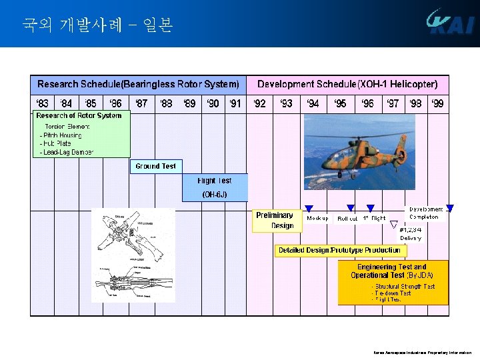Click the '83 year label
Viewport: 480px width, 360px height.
tap(41, 103)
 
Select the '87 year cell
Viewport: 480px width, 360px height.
tap(141, 103)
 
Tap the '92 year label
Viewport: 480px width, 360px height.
tap(259, 103)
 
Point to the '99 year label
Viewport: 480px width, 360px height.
tap(437, 103)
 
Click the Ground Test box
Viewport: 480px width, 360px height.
tap(156, 166)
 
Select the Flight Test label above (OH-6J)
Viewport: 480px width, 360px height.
tap(215, 181)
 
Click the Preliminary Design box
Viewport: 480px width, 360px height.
tap(275, 221)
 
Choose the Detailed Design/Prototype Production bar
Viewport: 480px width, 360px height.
tap(340, 250)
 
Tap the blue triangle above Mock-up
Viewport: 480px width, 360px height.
tap(309, 209)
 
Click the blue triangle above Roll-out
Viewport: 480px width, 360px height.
tap(350, 209)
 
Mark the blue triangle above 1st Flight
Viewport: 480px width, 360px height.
tap(371, 209)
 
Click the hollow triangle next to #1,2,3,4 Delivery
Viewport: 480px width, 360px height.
tap(394, 225)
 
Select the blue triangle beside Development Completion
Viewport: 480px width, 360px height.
tap(450, 208)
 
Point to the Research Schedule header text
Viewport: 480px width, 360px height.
tap(138, 85)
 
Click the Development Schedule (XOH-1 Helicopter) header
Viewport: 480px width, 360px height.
tap(347, 85)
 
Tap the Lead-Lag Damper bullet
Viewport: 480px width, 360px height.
tap(67, 152)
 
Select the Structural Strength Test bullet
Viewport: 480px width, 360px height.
tap(404, 286)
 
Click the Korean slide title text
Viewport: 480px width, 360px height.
tap(97, 25)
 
